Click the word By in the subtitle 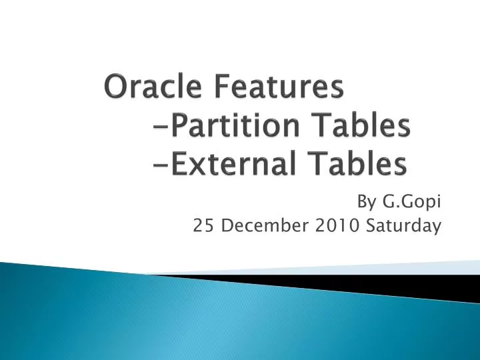pos(366,200)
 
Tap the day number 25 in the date pos(201,227)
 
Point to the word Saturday pos(403,227)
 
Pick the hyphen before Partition pos(164,127)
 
